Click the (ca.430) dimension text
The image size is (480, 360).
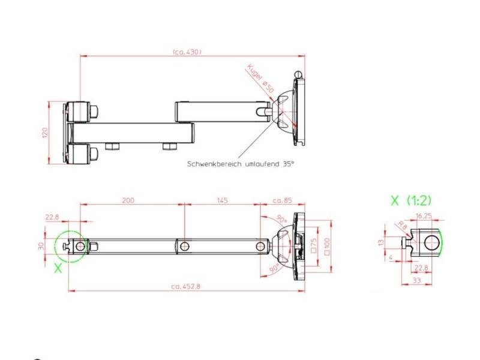(x=187, y=52)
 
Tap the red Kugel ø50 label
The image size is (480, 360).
(x=260, y=79)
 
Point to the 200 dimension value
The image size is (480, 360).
(x=128, y=200)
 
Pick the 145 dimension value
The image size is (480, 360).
(x=221, y=200)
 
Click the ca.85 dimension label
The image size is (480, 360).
(x=282, y=200)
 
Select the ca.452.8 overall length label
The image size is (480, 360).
(x=185, y=286)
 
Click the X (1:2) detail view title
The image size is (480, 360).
(x=411, y=200)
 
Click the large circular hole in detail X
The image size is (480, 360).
(x=431, y=243)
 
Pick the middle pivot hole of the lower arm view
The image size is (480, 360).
(x=185, y=247)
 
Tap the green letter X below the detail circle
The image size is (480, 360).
(x=58, y=268)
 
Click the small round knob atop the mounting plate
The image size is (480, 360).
(x=298, y=74)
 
